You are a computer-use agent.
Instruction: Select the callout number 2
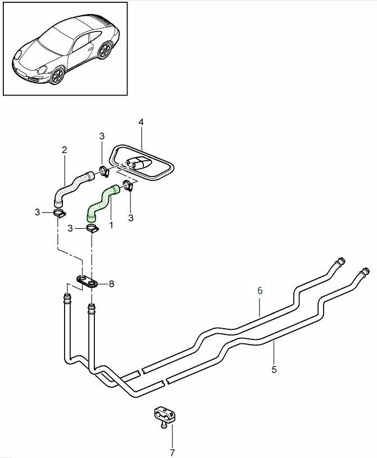65,150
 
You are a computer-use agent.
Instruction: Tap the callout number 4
141,122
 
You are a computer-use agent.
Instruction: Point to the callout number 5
274,369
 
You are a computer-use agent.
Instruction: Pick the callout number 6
260,291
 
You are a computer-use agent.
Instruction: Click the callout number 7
172,451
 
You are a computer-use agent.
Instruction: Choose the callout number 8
111,284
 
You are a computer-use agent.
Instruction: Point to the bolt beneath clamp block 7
162,427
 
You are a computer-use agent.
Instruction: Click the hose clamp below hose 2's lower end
60,212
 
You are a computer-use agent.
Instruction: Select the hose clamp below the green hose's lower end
93,228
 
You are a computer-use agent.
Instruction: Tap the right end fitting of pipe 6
339,260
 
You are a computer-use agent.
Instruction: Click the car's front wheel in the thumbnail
57,75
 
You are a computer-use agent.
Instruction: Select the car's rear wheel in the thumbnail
103,51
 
